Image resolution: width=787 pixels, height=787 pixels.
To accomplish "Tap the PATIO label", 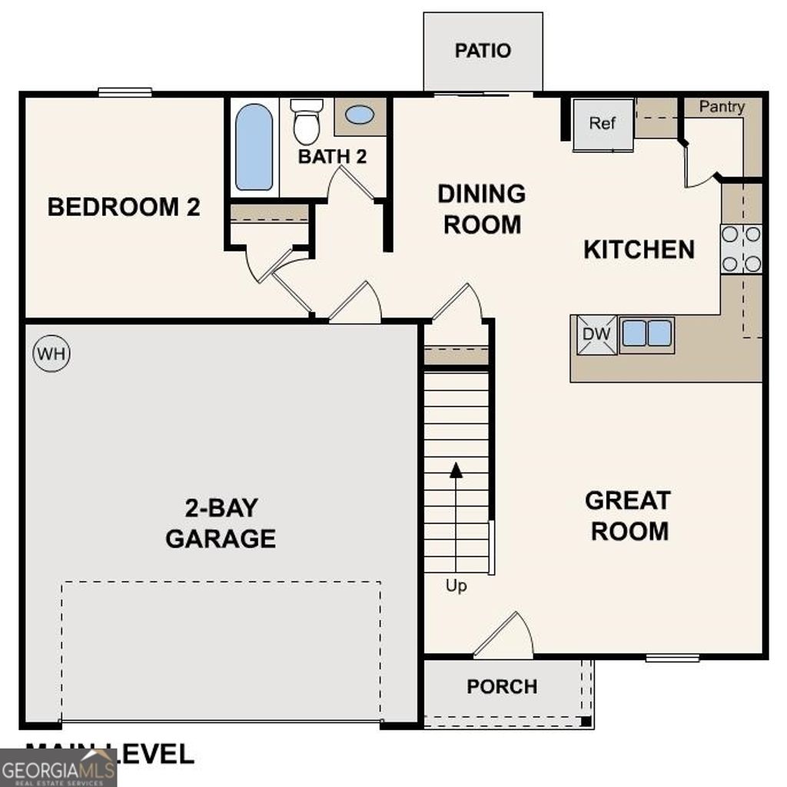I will click(x=483, y=51).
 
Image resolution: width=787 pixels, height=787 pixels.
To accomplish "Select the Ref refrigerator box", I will click(x=603, y=124).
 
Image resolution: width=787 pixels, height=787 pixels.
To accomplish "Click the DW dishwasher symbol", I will click(x=597, y=335).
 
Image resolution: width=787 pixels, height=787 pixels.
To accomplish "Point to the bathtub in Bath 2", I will click(x=254, y=147).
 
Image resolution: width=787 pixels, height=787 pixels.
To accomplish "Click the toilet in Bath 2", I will click(x=307, y=122).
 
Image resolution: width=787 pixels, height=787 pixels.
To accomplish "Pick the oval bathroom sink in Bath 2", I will click(x=360, y=115).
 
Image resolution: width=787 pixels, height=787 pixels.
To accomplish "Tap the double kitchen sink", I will click(x=646, y=334).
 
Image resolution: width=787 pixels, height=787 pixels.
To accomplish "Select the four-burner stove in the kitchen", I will click(x=741, y=249).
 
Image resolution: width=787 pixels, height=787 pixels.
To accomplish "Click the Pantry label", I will click(x=721, y=107).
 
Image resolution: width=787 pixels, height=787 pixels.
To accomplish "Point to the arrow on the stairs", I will click(x=456, y=470).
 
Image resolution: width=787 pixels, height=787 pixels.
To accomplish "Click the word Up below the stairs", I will click(x=457, y=586).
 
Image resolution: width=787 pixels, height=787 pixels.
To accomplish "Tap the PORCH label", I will click(x=502, y=686).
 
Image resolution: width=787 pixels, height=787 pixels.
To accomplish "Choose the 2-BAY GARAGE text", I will click(x=221, y=523).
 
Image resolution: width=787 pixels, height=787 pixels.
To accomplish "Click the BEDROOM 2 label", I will click(x=124, y=208).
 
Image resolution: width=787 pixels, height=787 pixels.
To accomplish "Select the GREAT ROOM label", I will click(x=628, y=516).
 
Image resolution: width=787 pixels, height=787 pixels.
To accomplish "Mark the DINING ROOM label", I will click(x=482, y=209).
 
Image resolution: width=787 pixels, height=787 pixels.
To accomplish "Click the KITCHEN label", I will click(x=639, y=250).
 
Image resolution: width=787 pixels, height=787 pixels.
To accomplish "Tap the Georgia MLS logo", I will click(x=58, y=768).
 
